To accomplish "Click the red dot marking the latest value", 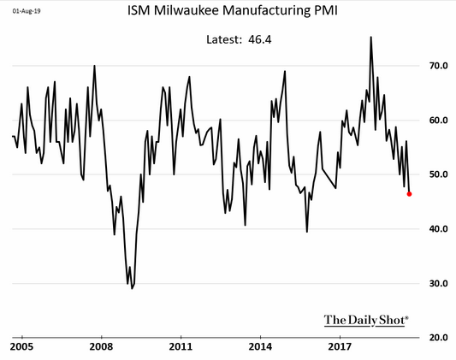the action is click(409, 194).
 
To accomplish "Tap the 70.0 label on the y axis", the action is click(439, 66).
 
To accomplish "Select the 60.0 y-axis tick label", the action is click(439, 121).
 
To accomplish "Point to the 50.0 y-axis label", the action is click(439, 174).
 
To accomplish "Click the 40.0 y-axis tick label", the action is click(439, 229).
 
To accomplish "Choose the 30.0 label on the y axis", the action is click(439, 283).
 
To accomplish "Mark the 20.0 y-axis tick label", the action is click(439, 338).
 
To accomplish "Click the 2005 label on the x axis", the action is click(21, 347).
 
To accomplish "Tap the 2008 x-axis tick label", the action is click(101, 347).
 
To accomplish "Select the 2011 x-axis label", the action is click(181, 347).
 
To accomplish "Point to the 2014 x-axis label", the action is click(260, 347).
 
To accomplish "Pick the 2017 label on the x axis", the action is click(340, 347).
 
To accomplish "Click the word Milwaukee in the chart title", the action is click(187, 11).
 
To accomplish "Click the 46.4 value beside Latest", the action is click(260, 40).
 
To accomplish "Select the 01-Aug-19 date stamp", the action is click(27, 11).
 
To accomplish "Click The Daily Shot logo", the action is click(366, 320).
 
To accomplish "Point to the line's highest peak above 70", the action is click(370, 37).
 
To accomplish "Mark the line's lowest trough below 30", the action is click(132, 288).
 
